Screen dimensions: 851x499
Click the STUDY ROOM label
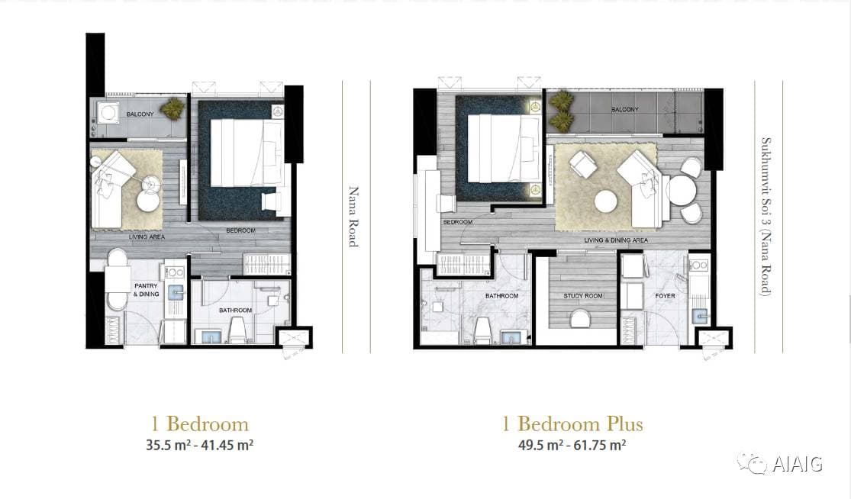point(583,295)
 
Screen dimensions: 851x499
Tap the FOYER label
point(665,295)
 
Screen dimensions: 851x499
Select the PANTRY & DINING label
point(146,290)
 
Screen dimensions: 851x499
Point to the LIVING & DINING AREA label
point(616,240)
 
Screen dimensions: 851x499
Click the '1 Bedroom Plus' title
point(572,423)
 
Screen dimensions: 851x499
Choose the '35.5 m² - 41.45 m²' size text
point(200,446)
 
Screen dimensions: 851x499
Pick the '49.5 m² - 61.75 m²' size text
point(572,446)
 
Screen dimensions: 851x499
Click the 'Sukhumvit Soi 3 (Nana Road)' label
point(766,217)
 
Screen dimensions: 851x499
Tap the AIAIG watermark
point(780,464)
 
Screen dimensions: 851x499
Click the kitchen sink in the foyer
point(698,314)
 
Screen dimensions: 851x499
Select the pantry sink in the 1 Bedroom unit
point(176,294)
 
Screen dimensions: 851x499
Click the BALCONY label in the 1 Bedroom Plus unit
point(624,110)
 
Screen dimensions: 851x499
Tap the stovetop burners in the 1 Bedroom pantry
point(175,271)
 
